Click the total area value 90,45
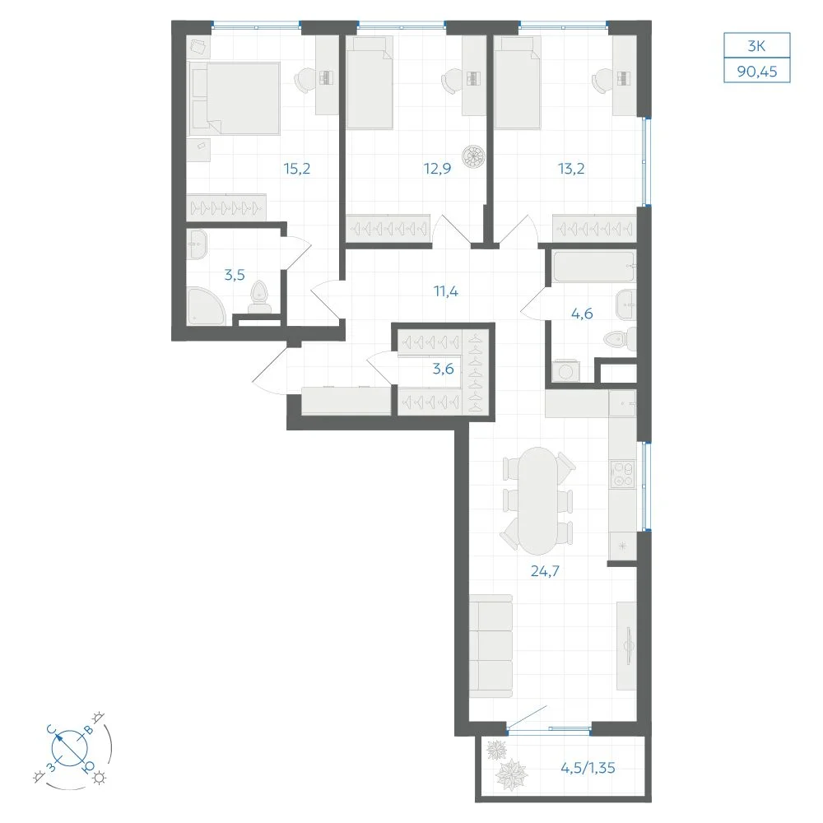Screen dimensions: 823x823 (757, 71)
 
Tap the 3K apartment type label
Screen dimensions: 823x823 (756, 46)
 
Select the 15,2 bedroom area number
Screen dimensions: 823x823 (297, 169)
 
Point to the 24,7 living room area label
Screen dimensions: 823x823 (545, 570)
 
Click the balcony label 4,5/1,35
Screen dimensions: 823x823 (588, 767)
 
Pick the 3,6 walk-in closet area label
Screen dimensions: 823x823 (443, 369)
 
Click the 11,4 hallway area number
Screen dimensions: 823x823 (445, 291)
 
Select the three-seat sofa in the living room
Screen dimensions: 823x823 (491, 646)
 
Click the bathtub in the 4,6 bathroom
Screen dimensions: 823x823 (593, 267)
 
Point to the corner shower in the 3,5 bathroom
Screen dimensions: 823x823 (207, 306)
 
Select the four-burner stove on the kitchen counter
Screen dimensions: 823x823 (622, 473)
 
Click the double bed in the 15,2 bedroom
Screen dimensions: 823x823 (234, 98)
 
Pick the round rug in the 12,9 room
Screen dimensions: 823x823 (473, 156)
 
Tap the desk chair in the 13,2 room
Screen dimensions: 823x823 (601, 81)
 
